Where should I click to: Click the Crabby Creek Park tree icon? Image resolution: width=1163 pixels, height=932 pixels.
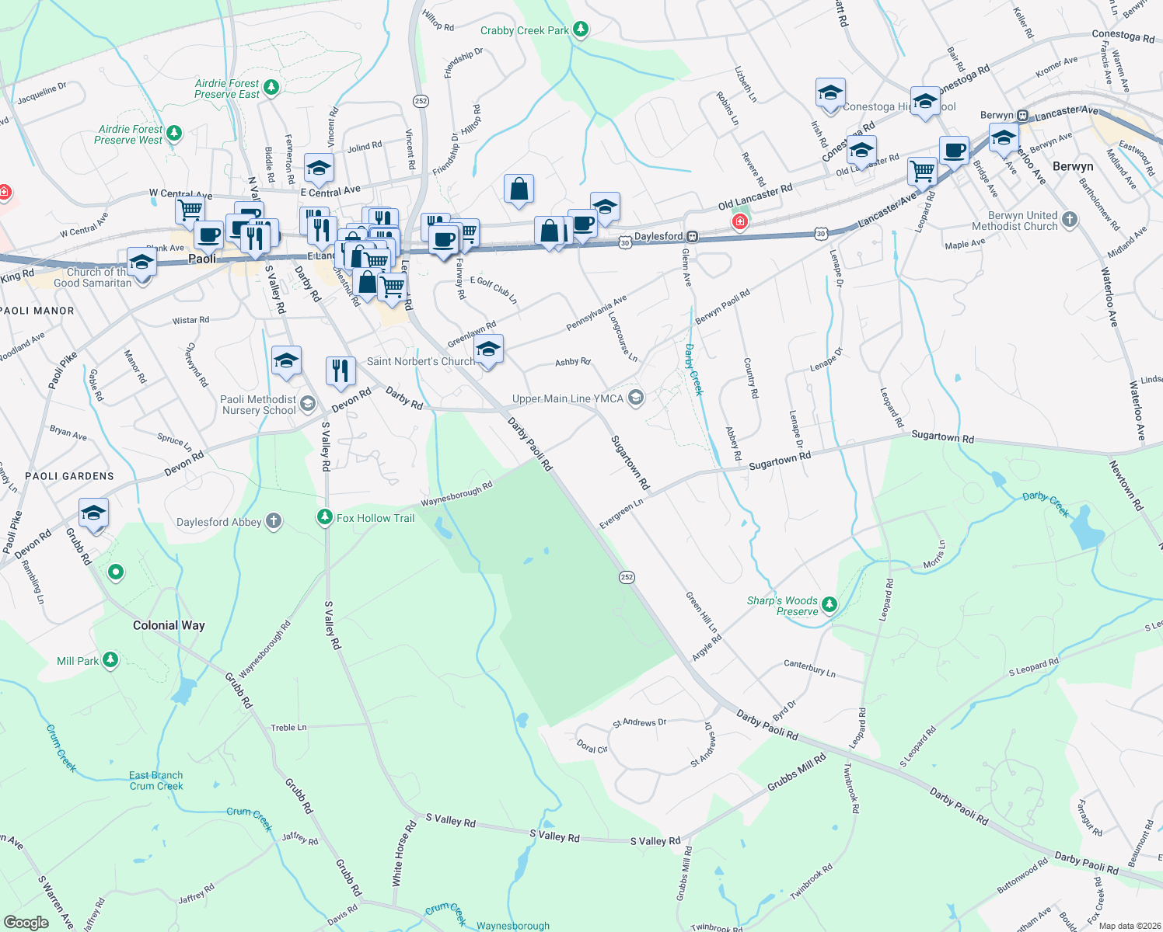(581, 30)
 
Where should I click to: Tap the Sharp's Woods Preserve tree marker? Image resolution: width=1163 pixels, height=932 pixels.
(830, 604)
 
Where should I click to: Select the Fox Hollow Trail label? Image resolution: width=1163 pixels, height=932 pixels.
(375, 518)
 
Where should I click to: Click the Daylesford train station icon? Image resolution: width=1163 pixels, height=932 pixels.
(692, 236)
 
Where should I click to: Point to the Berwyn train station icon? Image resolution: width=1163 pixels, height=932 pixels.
(1023, 116)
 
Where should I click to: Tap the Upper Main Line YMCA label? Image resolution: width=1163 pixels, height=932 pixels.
(568, 399)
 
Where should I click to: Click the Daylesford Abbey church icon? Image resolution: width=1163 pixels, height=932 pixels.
(274, 521)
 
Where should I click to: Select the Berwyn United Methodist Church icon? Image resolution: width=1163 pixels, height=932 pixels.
(1070, 221)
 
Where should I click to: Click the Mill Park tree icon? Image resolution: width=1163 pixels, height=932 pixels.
(110, 660)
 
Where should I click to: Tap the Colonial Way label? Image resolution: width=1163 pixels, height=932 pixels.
(169, 625)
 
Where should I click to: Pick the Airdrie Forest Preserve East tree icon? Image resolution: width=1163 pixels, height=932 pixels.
(271, 88)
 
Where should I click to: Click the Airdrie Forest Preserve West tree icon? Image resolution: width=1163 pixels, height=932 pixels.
(174, 134)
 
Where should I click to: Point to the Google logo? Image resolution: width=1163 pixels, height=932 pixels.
(26, 923)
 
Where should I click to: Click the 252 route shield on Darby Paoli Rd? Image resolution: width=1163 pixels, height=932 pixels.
(627, 577)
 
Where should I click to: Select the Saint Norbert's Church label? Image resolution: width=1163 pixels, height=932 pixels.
(421, 361)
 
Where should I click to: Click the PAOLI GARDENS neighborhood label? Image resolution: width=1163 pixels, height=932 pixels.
(69, 476)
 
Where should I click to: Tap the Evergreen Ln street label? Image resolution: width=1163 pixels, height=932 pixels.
(621, 514)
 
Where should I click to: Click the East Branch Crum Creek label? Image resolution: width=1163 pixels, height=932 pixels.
(156, 781)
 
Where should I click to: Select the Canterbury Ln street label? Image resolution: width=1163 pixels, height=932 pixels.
(809, 668)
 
